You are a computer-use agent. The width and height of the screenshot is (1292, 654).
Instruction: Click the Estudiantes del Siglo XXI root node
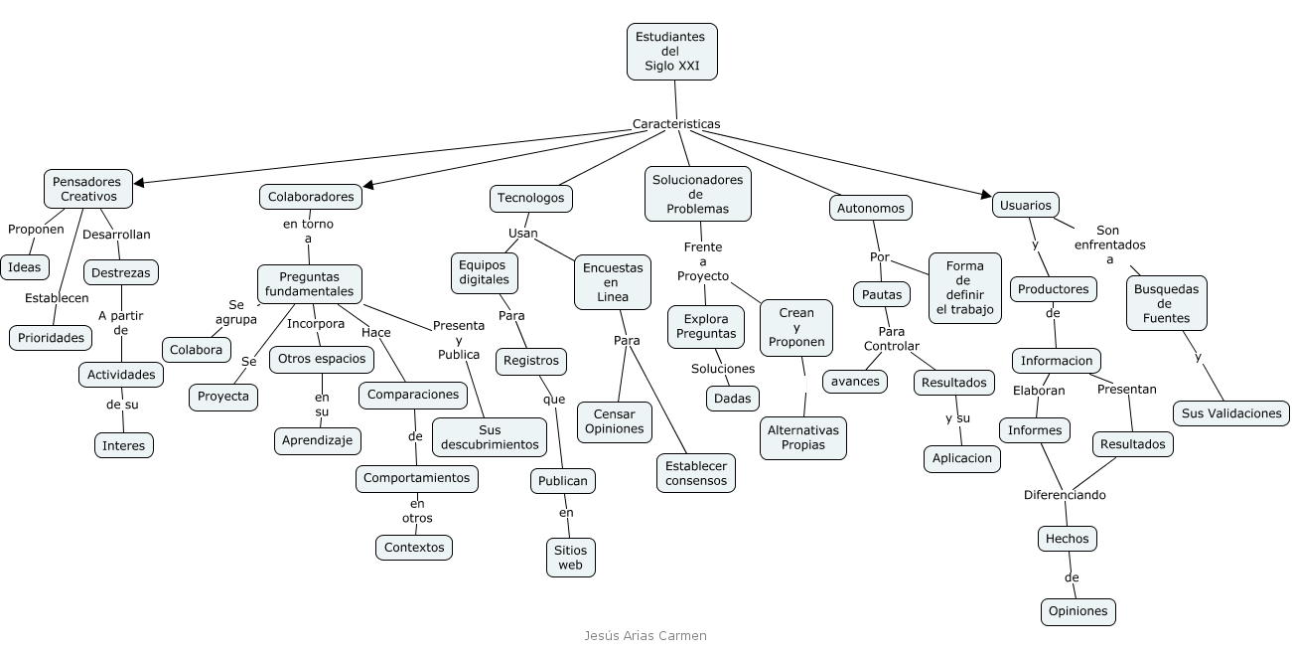[671, 52]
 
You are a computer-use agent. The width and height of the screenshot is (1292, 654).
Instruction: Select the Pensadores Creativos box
[87, 189]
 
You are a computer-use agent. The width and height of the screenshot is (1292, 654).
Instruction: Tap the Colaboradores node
[311, 197]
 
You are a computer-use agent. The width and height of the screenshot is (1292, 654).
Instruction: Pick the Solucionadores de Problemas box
[697, 194]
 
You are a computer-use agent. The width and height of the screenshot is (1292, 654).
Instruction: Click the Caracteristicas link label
[676, 124]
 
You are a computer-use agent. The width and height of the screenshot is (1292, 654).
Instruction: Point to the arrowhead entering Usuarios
[986, 195]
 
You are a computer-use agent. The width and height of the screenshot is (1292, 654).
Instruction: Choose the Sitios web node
[570, 557]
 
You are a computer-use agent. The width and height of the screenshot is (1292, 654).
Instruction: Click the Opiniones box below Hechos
[1077, 611]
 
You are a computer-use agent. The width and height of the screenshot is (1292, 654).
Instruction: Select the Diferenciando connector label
[1065, 495]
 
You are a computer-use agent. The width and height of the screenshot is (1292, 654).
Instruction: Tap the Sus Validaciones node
[1231, 412]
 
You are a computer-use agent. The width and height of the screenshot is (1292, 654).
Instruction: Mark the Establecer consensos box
[696, 473]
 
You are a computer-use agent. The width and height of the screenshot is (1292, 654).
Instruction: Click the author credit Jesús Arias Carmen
[646, 636]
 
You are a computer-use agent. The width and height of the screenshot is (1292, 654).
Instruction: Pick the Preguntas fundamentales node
[309, 284]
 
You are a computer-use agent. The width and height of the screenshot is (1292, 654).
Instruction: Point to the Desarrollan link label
[116, 235]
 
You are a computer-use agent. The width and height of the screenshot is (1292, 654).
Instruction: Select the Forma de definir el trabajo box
[964, 288]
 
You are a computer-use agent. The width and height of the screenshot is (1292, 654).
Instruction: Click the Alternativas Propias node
[802, 437]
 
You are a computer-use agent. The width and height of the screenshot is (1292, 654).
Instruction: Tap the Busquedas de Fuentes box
[1166, 303]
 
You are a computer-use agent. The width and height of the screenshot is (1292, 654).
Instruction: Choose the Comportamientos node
[416, 478]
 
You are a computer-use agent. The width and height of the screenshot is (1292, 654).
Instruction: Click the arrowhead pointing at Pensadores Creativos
[139, 183]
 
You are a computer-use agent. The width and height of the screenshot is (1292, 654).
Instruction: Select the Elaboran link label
[1039, 391]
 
